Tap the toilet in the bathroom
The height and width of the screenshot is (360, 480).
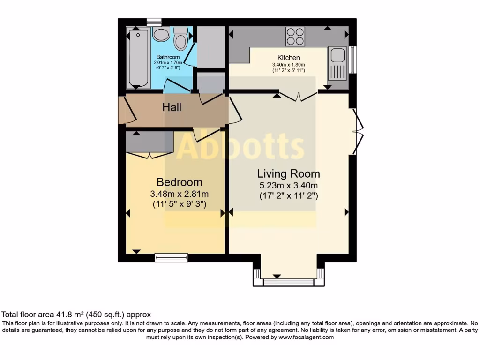tap(180, 38)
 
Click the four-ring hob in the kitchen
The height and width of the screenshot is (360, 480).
tap(295, 36)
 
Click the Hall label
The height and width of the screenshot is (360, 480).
tap(172, 107)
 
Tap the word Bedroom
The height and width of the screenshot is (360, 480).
tap(179, 182)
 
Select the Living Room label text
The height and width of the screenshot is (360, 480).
tap(289, 174)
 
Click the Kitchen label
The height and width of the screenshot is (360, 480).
tap(289, 58)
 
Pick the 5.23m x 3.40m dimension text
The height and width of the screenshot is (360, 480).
tap(289, 186)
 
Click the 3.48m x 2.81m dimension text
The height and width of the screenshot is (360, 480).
tap(179, 194)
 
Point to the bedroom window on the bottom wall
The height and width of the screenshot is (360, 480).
tap(171, 257)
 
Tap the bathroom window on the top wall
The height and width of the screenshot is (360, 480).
tap(154, 22)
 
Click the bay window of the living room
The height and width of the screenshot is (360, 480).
tap(288, 282)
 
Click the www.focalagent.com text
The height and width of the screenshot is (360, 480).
tap(306, 337)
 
